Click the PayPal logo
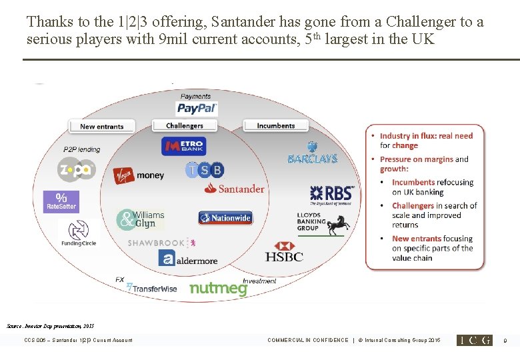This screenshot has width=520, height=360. pos(197,108)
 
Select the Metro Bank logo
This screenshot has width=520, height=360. pos(183,146)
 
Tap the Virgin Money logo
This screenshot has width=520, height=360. pos(138,175)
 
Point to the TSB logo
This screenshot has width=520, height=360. pos(205,170)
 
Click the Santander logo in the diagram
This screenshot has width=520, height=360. pos(234,189)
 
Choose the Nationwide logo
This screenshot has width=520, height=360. pos(225,218)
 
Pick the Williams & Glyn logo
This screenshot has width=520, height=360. pos(140,219)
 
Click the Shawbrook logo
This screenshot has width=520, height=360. pos(163,243)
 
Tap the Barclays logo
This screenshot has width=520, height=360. pos(312,154)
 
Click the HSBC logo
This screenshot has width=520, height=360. pos(284,252)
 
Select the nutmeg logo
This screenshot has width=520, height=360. pos(218,288)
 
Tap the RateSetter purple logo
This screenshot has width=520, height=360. pos(61,201)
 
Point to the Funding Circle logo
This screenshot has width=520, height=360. pos(77,233)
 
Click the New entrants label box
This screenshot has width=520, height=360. pos(101,126)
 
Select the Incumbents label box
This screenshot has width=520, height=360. pos(275,125)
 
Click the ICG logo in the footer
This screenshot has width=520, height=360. pos(474,340)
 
